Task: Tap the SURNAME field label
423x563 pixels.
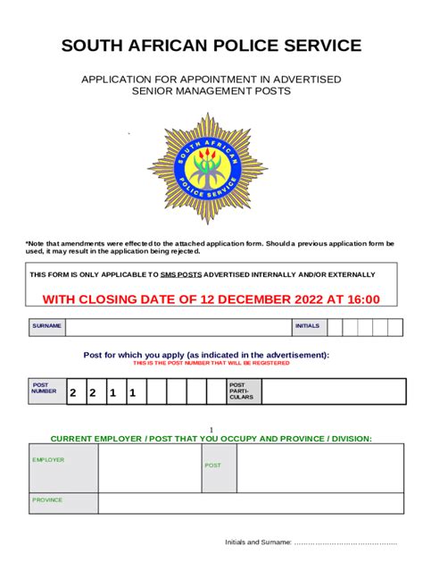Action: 47,326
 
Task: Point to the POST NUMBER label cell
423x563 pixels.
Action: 45,391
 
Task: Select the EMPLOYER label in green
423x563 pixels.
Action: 48,459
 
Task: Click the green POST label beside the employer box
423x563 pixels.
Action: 213,466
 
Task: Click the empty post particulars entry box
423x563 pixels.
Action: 334,391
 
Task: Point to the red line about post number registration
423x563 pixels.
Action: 211,364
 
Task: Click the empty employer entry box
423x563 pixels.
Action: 148,468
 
